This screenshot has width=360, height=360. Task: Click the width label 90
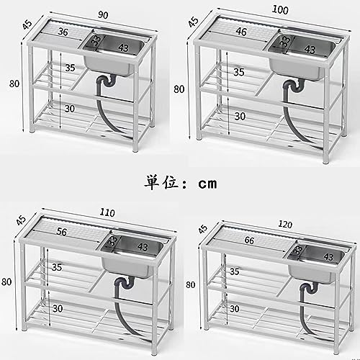103,15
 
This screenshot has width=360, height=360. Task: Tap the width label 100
280,10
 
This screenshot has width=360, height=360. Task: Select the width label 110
107,212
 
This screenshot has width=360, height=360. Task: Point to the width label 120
285,225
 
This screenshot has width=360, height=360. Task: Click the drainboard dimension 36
63,32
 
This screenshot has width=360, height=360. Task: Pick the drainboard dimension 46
241,32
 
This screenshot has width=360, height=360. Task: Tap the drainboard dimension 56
62,232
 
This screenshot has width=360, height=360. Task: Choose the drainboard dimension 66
249,240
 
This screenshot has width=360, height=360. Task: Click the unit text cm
208,184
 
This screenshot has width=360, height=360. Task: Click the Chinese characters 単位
162,182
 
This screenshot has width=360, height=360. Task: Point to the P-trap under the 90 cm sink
107,81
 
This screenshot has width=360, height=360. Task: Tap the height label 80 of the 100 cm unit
179,89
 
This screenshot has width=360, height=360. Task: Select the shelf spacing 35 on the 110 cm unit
57,267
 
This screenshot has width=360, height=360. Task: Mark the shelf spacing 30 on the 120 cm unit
235,309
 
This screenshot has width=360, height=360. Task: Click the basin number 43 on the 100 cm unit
310,50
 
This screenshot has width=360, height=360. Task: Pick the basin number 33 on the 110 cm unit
112,241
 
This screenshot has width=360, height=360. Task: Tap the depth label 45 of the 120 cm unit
203,229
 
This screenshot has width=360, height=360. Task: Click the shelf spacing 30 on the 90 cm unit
70,109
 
